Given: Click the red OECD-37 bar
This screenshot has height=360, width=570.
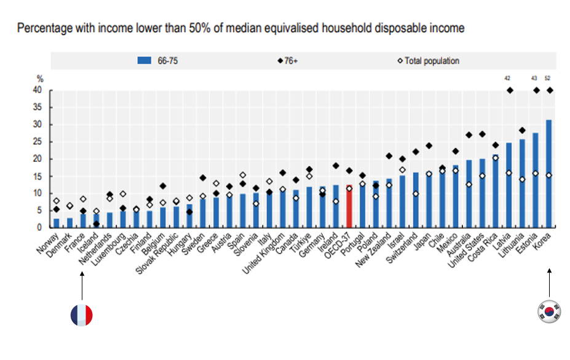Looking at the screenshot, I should (349, 206).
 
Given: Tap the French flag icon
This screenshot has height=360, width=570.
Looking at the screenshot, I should (81, 315).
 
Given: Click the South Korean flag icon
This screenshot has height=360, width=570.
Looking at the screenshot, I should (549, 311).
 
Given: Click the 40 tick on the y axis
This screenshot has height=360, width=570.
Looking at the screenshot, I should (38, 90).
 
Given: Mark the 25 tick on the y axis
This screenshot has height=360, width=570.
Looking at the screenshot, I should (38, 142).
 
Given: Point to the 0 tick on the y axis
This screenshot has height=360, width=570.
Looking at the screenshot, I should (39, 228).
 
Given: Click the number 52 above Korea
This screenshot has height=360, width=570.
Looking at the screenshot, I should (548, 78).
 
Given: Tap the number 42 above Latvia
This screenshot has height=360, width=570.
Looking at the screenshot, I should (507, 78).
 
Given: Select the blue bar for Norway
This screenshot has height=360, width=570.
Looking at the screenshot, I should (57, 223).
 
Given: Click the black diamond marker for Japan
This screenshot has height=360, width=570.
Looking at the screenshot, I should (429, 146).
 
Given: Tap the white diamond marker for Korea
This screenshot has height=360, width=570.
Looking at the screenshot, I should (548, 175).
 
